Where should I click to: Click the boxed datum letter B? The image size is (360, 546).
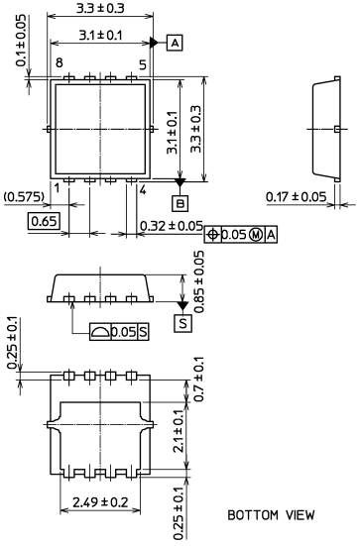180,204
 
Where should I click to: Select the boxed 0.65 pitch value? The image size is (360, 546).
43,220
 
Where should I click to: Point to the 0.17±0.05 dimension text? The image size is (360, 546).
298,196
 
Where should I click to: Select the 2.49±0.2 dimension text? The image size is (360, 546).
100,504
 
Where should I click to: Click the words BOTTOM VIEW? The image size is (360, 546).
271,515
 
